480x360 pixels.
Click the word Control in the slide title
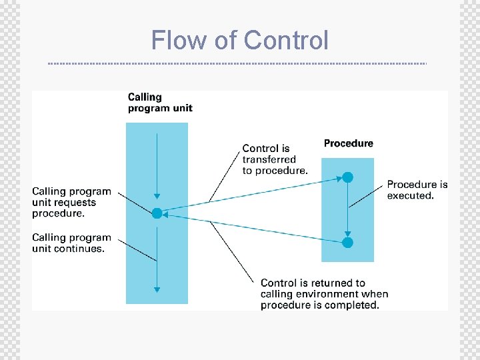click(286, 40)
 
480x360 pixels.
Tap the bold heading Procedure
click(348, 143)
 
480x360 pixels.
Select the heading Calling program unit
click(160, 103)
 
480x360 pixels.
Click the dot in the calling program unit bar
click(157, 213)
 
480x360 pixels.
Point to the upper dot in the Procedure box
click(347, 177)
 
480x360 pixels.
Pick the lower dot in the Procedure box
click(347, 243)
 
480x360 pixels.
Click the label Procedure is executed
click(417, 190)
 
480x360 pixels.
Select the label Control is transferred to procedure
click(275, 159)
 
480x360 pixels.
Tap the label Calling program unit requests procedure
click(71, 203)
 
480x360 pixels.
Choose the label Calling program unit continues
click(71, 243)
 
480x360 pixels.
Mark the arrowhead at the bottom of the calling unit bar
click(157, 289)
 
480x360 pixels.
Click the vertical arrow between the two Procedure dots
click(347, 210)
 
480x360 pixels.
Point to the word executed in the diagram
click(410, 195)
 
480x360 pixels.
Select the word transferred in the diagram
click(269, 159)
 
